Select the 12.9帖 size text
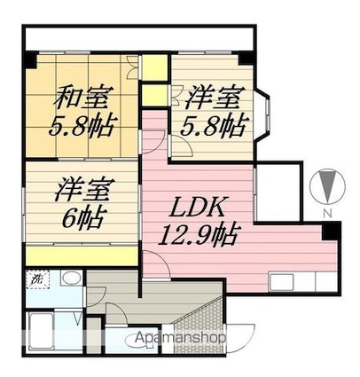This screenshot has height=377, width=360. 198,235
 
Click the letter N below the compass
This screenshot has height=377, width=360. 326,213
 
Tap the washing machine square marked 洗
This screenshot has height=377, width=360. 37,279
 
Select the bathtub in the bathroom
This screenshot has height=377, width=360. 42,331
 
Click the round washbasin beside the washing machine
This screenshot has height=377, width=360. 72,279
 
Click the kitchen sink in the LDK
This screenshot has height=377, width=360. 281,282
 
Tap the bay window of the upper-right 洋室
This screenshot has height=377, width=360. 262,115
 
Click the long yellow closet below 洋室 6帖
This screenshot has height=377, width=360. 82,255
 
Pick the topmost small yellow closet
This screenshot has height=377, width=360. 155,67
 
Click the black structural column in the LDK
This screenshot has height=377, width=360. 331,231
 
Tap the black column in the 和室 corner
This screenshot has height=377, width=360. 30,60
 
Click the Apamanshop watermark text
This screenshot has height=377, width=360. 179,337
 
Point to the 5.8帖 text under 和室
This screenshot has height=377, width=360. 82,127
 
